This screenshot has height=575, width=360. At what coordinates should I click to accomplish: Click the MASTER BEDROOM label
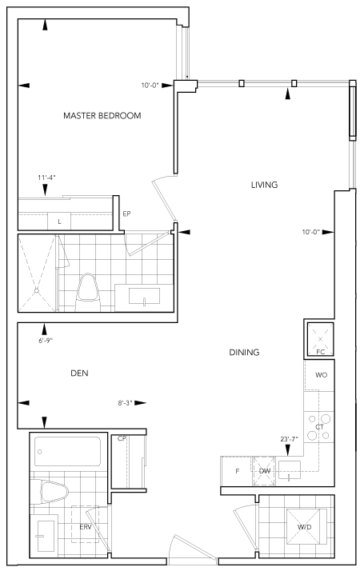102,115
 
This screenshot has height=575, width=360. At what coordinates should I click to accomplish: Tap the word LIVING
264,185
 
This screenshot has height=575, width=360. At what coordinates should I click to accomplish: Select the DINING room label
244,352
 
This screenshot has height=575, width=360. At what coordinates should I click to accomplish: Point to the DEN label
79,373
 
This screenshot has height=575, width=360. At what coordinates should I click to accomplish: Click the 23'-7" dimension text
290,439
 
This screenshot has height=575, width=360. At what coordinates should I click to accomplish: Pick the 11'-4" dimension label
46,178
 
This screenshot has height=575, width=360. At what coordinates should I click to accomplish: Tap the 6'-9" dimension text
46,341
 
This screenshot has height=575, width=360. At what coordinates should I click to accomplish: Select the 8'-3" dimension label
125,402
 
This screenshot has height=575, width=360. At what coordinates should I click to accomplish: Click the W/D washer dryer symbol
305,527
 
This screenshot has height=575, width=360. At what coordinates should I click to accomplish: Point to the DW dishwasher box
264,471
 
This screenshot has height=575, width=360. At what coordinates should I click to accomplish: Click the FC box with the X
320,338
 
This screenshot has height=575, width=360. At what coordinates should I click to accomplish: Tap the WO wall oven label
321,375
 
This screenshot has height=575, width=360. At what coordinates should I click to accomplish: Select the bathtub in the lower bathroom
67,451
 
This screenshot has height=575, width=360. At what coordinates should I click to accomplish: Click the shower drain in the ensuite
36,290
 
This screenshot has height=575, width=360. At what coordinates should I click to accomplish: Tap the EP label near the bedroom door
126,214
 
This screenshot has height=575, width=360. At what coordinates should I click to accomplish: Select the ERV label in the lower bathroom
85,527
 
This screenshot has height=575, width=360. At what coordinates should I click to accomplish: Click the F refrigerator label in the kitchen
237,471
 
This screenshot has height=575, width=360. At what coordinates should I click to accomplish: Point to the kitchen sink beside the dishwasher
290,470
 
